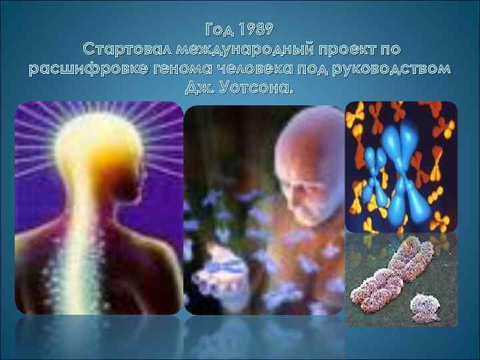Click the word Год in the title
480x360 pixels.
click(x=220, y=30)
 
